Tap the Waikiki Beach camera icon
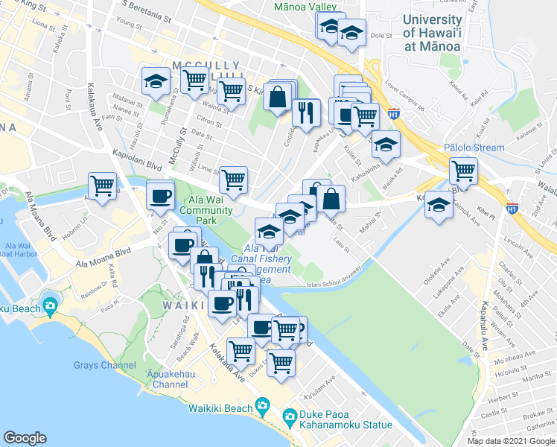pyautogui.click(x=262, y=407)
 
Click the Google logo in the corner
pyautogui.click(x=25, y=438)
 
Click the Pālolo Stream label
pyautogui.click(x=474, y=148)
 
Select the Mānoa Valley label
pyautogui.click(x=305, y=6)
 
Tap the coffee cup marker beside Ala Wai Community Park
pyautogui.click(x=160, y=195)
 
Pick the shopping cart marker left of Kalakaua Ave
pyautogui.click(x=101, y=185)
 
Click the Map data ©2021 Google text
pyautogui.click(x=510, y=441)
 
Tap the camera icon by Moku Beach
pyautogui.click(x=50, y=305)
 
